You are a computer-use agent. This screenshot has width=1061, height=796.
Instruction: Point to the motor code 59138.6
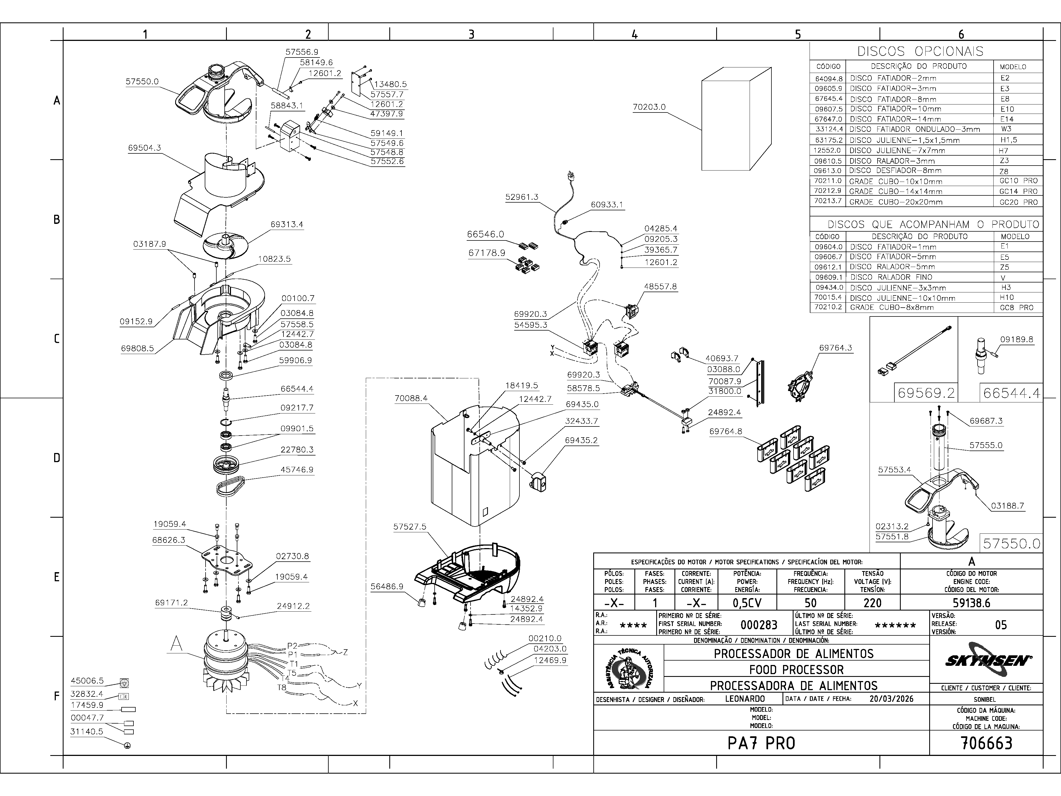971,603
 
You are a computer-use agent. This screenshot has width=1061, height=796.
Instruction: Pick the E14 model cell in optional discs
1007,119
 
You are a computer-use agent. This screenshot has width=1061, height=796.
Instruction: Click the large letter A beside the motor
177,644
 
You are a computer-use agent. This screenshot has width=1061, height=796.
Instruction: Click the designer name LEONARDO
745,699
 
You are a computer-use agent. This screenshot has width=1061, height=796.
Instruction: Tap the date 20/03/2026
891,699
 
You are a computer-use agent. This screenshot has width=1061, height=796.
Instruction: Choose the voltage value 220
872,603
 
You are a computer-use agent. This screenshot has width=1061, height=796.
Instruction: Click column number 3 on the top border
471,34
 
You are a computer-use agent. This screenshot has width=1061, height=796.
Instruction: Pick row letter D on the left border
57,458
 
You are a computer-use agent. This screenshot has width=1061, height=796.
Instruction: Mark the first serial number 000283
759,625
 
